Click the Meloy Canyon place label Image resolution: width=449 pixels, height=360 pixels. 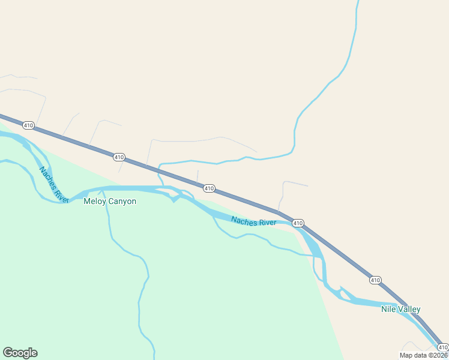click(110, 202)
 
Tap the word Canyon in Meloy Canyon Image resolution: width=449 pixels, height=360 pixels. click(122, 202)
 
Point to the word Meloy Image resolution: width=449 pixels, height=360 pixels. click(95, 202)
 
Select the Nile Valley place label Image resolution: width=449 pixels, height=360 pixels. click(400, 310)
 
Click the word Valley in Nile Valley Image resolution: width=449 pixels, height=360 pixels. click(408, 310)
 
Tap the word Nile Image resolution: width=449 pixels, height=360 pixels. click(388, 310)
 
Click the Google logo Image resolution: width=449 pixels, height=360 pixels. click(20, 353)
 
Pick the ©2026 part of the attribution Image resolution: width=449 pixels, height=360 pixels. click(438, 355)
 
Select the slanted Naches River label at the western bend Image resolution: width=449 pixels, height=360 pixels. click(54, 182)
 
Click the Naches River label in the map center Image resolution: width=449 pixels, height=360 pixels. click(253, 222)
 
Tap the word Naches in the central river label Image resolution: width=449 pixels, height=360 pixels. click(244, 221)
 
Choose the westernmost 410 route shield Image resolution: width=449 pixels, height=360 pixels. click(28, 125)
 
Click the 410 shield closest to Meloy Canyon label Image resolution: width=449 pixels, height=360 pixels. click(119, 157)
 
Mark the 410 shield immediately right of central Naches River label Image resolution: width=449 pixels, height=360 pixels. click(298, 223)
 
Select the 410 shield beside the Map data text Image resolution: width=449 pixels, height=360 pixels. click(442, 347)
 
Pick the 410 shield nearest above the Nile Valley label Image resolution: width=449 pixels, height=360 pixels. click(375, 280)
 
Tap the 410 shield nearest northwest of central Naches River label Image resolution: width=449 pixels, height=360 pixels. click(209, 188)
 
